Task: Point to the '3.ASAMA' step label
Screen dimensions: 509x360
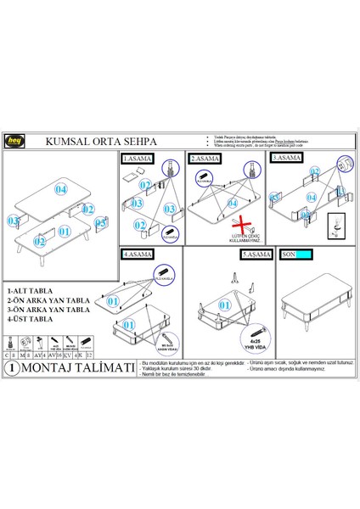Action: click(x=287, y=158)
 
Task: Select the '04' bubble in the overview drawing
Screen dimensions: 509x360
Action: click(x=60, y=190)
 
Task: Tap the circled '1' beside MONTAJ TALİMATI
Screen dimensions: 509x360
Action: click(x=11, y=368)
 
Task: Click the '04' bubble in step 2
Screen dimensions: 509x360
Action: click(x=231, y=204)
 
